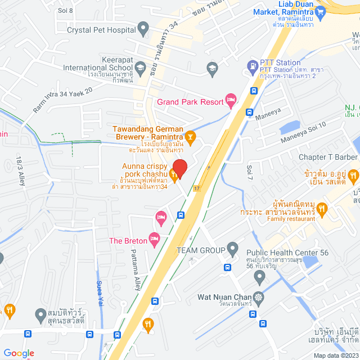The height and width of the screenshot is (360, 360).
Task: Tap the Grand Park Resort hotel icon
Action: coord(230,100)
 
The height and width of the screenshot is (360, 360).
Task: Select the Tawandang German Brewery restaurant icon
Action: coord(191,136)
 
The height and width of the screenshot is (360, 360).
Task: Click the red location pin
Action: coord(179,167)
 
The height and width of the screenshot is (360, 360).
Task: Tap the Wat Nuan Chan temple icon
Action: coord(258,297)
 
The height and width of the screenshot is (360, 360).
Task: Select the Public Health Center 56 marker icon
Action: coord(259,276)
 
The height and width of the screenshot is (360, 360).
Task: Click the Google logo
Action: coord(18,353)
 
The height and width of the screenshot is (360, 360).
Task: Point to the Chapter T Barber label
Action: coord(328,157)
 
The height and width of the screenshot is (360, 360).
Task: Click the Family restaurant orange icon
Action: coord(322,209)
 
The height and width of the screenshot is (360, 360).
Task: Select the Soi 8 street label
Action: coord(65,10)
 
